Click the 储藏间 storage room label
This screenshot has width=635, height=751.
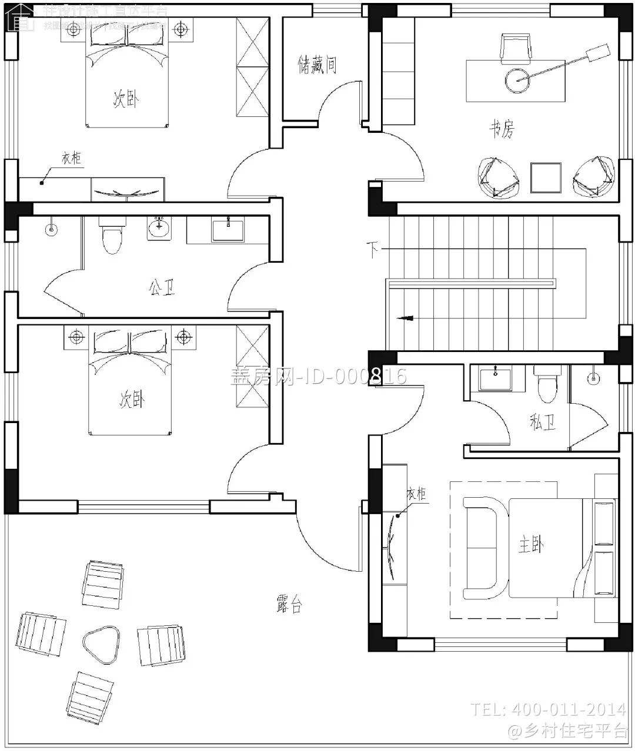pyautogui.click(x=317, y=64)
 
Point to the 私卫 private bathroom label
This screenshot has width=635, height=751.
pyautogui.click(x=542, y=421)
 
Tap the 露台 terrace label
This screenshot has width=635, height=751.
pyautogui.click(x=289, y=604)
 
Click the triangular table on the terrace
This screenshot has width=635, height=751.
pyautogui.click(x=101, y=642)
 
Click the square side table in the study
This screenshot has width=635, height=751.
pyautogui.click(x=546, y=177)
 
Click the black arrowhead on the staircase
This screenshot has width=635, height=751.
pyautogui.click(x=404, y=318)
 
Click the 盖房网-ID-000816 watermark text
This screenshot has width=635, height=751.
pyautogui.click(x=317, y=375)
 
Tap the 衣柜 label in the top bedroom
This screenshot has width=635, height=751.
pyautogui.click(x=71, y=158)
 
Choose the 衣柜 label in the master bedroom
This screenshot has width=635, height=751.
pyautogui.click(x=416, y=494)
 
